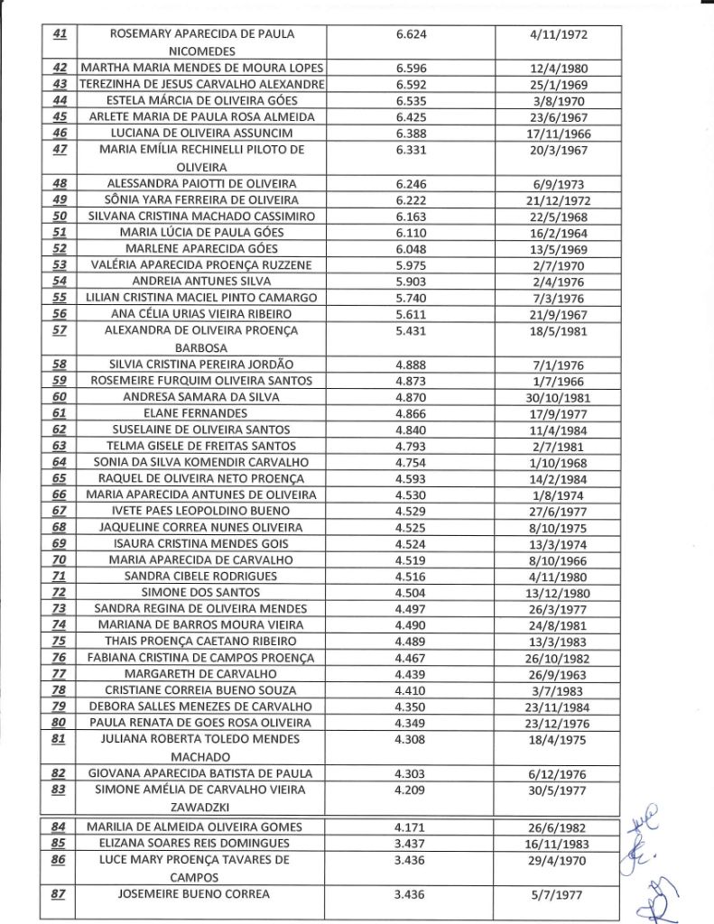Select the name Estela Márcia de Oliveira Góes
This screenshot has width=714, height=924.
pyautogui.click(x=201, y=100)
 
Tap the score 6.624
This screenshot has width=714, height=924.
pyautogui.click(x=411, y=34)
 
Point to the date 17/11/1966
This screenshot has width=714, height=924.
pyautogui.click(x=557, y=134)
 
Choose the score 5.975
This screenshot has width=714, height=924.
pyautogui.click(x=411, y=264)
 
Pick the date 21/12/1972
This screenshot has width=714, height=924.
pyautogui.click(x=557, y=199)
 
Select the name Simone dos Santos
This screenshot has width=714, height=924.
pyautogui.click(x=201, y=593)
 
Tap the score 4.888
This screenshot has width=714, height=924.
pyautogui.click(x=411, y=364)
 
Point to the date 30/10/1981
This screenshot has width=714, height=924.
pyautogui.click(x=557, y=396)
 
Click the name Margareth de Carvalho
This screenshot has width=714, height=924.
pyautogui.click(x=201, y=674)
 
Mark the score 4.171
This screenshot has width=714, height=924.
pyautogui.click(x=411, y=827)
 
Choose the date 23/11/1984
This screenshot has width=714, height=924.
pyautogui.click(x=557, y=707)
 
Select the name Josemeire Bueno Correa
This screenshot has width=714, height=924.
pyautogui.click(x=201, y=894)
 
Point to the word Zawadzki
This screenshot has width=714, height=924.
pyautogui.click(x=201, y=806)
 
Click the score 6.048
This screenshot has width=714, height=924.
pyautogui.click(x=411, y=248)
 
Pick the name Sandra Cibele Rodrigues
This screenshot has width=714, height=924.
pyautogui.click(x=201, y=576)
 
